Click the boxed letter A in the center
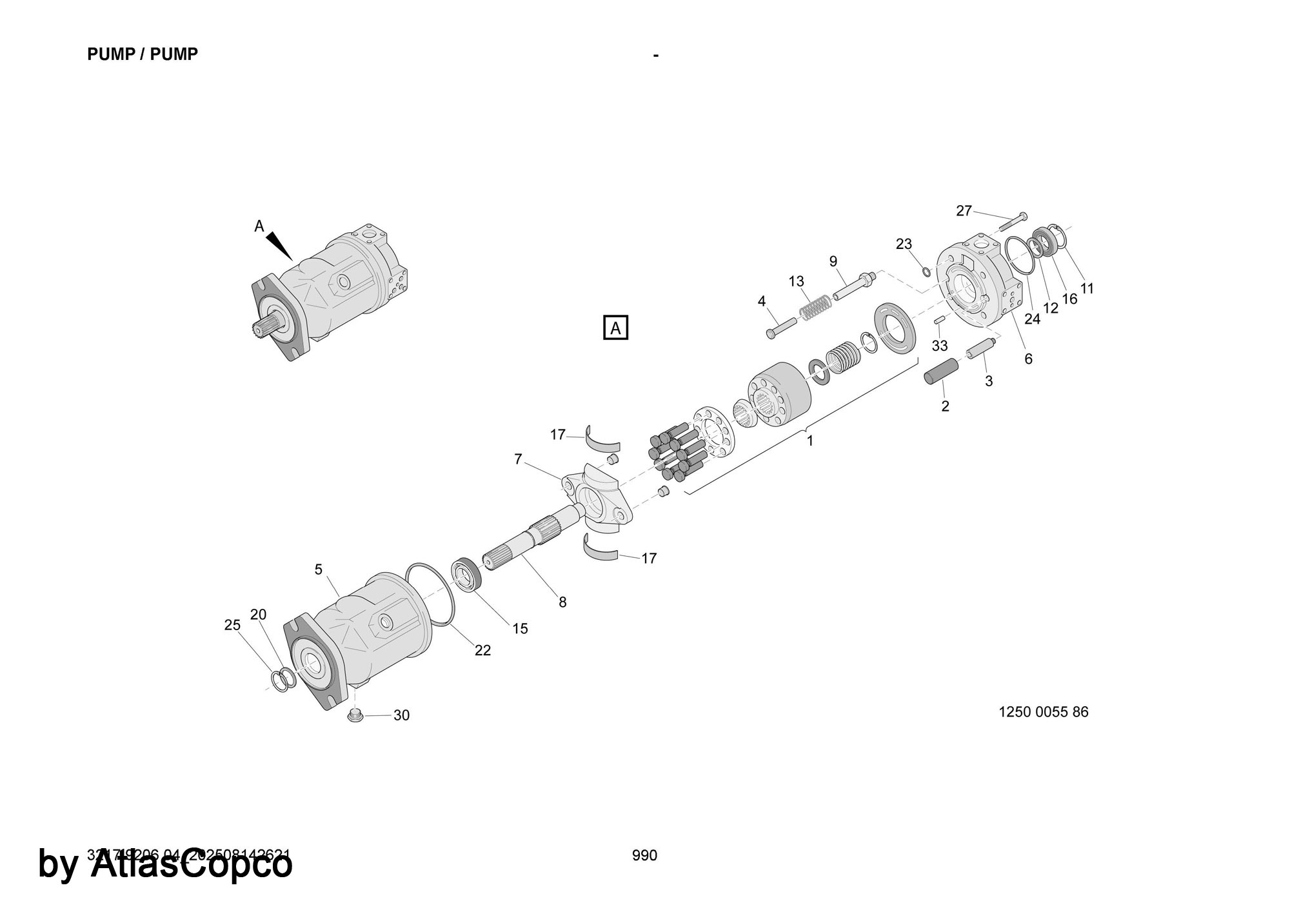pyautogui.click(x=615, y=328)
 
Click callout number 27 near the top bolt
pyautogui.click(x=964, y=211)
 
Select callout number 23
pyautogui.click(x=904, y=244)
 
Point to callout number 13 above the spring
pyautogui.click(x=797, y=281)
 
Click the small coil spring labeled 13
pyautogui.click(x=815, y=306)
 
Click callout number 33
pyautogui.click(x=940, y=346)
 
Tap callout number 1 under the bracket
pyautogui.click(x=810, y=441)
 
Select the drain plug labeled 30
pyautogui.click(x=353, y=715)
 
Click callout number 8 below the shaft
pyautogui.click(x=562, y=602)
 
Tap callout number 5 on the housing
pyautogui.click(x=319, y=569)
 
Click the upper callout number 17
pyautogui.click(x=557, y=435)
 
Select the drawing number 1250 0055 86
pyautogui.click(x=1043, y=712)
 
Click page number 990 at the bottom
pyautogui.click(x=644, y=855)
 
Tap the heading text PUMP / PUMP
pyautogui.click(x=143, y=55)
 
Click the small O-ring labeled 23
pyautogui.click(x=926, y=270)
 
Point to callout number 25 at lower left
pyautogui.click(x=232, y=624)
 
